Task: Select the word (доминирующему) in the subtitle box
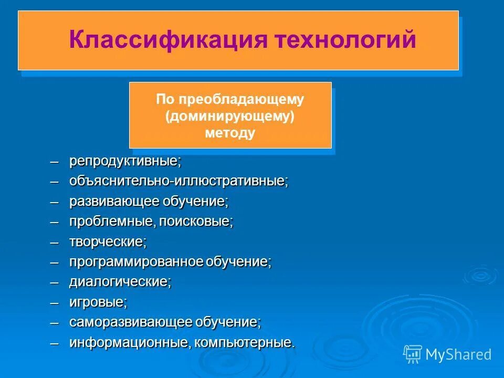[x=230, y=115]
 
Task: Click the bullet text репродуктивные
[x=124, y=161]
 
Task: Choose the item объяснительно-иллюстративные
[x=178, y=182]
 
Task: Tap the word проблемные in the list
[x=110, y=222]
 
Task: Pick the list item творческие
[x=107, y=242]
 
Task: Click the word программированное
[x=136, y=262]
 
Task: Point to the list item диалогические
[x=119, y=282]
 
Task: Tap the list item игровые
[x=97, y=302]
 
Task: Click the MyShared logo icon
[x=413, y=354]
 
